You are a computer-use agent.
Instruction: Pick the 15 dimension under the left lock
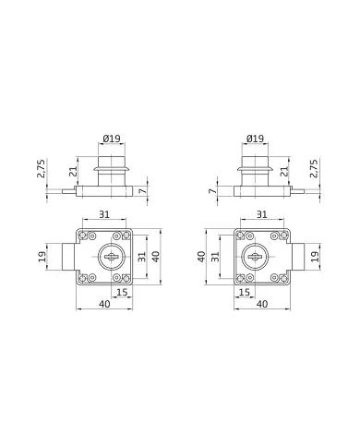123,292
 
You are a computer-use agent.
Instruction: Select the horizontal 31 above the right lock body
262,214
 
